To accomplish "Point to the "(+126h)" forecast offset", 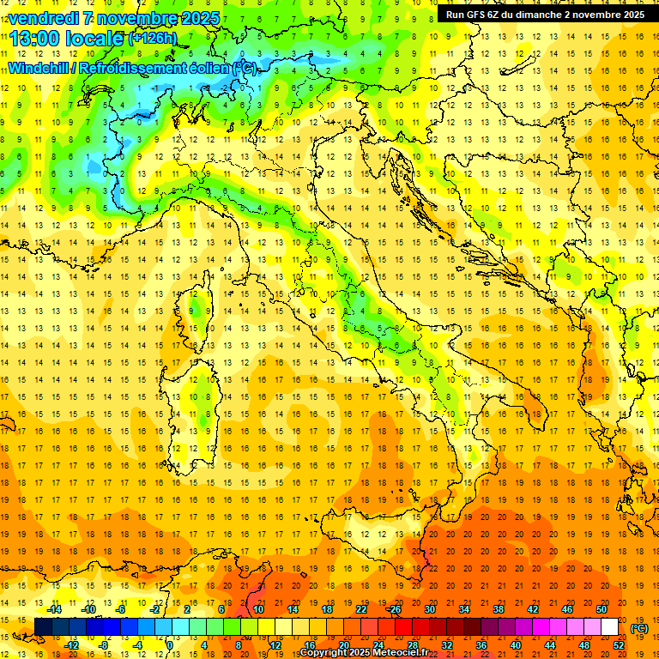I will click(153, 39).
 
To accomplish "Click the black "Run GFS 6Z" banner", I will click(543, 15).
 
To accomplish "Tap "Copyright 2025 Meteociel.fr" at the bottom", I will click(364, 652).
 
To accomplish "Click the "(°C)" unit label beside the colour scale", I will click(639, 628).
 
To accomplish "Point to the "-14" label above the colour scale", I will click(56, 609).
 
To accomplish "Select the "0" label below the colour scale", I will click(170, 645).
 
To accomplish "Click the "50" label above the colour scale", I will click(601, 609).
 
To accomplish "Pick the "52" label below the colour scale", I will click(619, 645).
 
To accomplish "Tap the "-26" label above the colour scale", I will click(394, 609).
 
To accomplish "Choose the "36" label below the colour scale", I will click(481, 645).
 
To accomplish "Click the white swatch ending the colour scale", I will click(609, 627).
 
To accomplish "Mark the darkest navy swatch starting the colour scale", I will click(43, 627).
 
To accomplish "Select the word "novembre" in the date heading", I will click(139, 18).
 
